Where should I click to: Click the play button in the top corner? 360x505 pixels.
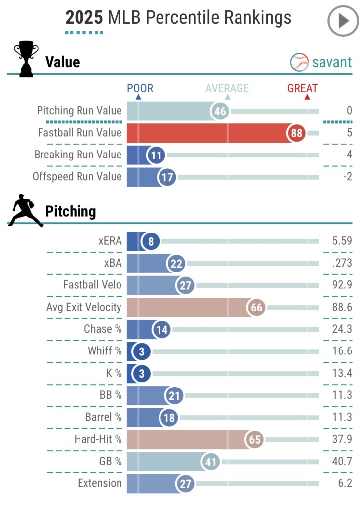(x=343, y=21)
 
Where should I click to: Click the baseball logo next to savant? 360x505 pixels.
(x=299, y=62)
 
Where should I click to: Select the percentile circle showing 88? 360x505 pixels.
(x=297, y=133)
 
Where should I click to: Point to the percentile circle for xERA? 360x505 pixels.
(x=150, y=241)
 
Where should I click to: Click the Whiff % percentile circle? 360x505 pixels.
(x=142, y=351)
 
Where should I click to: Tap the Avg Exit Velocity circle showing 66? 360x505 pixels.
(x=256, y=307)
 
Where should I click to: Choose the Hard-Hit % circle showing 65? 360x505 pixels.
(x=255, y=439)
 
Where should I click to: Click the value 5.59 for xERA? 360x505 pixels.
(x=342, y=241)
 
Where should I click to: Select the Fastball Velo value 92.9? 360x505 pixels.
(x=342, y=285)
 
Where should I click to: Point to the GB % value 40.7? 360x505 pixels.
(x=342, y=461)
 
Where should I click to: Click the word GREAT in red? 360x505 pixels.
(x=302, y=89)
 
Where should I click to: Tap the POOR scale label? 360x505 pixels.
(x=140, y=89)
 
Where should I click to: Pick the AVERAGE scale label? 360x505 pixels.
(x=227, y=89)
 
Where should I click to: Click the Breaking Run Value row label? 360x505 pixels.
(x=78, y=155)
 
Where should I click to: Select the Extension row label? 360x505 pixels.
(x=99, y=483)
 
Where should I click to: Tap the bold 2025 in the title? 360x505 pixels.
(x=84, y=18)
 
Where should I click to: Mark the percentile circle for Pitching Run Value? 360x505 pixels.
(x=220, y=111)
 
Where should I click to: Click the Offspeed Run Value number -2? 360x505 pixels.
(x=348, y=177)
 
